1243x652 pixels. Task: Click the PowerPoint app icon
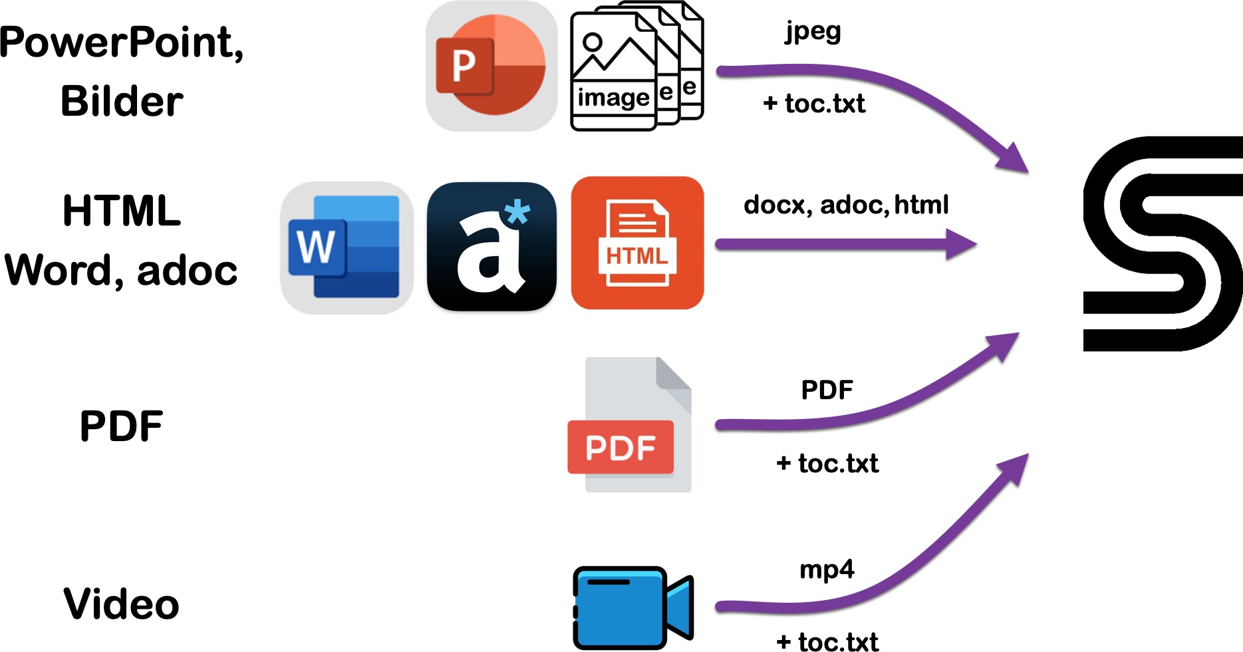[x=491, y=66]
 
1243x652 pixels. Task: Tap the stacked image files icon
[x=637, y=66]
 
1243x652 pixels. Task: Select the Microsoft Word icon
[x=347, y=247]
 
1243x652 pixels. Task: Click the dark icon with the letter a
[x=492, y=246]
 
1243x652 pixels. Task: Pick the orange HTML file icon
[x=637, y=243]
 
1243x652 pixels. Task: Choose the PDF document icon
[x=630, y=424]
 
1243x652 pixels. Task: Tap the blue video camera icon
[x=633, y=607]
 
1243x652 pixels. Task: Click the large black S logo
[x=1163, y=244]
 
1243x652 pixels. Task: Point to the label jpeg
[x=813, y=32]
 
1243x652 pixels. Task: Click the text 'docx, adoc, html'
[x=846, y=205]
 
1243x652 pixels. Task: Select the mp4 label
[x=827, y=570]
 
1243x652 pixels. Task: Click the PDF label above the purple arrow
[x=827, y=390]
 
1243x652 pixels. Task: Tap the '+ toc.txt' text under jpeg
[x=814, y=104]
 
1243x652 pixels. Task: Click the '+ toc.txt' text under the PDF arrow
[x=827, y=464]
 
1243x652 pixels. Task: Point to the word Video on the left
[x=122, y=604]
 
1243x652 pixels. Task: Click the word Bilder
[x=122, y=101]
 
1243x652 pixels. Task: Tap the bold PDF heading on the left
[x=122, y=426]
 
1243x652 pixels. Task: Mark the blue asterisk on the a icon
[x=517, y=213]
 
